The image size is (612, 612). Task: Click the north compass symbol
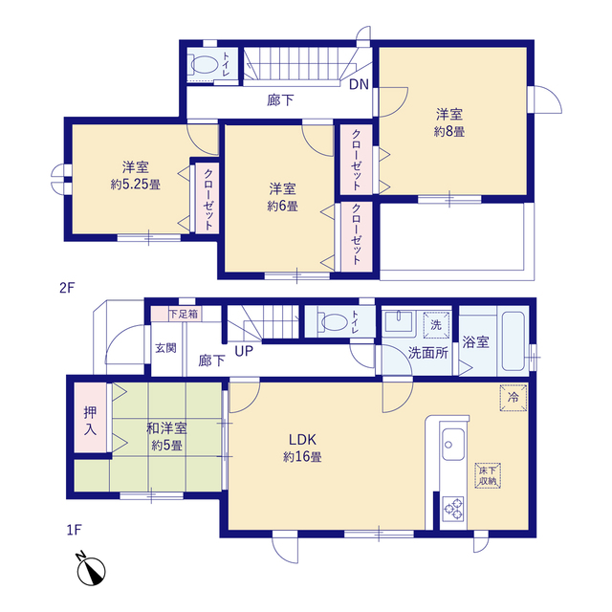90,569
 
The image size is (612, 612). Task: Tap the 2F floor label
67,288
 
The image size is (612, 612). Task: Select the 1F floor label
74,530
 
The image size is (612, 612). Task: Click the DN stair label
359,84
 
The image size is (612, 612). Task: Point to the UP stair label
244,351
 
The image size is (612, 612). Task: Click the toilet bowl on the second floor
204,64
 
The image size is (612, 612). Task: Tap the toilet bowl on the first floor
333,322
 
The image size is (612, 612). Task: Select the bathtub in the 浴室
513,341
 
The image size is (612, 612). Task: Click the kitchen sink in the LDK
453,444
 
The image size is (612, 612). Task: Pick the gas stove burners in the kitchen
453,509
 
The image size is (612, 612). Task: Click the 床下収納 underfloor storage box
488,475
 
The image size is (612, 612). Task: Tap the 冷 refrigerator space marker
514,398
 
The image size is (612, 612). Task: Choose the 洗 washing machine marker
436,325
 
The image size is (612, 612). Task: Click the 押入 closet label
90,421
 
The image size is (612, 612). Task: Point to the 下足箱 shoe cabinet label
184,314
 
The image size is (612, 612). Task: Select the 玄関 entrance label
165,348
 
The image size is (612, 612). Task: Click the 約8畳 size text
449,132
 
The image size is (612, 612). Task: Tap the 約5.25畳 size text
136,185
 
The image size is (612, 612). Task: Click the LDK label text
302,440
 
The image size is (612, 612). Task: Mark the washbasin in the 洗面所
400,321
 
